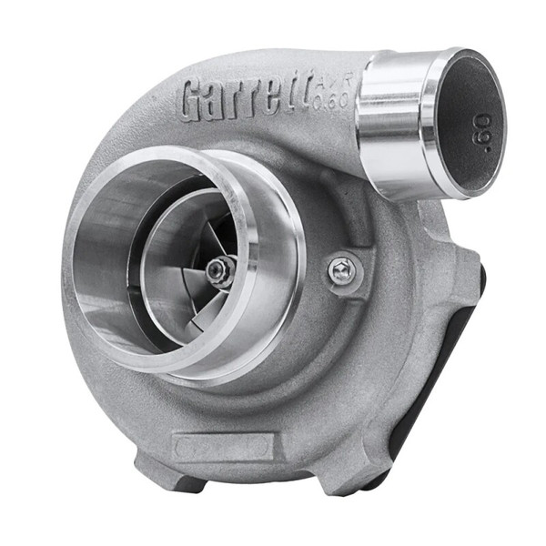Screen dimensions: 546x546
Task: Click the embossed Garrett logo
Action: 244,97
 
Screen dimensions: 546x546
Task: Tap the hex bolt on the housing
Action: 343,269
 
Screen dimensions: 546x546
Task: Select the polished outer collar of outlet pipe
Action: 391,123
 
